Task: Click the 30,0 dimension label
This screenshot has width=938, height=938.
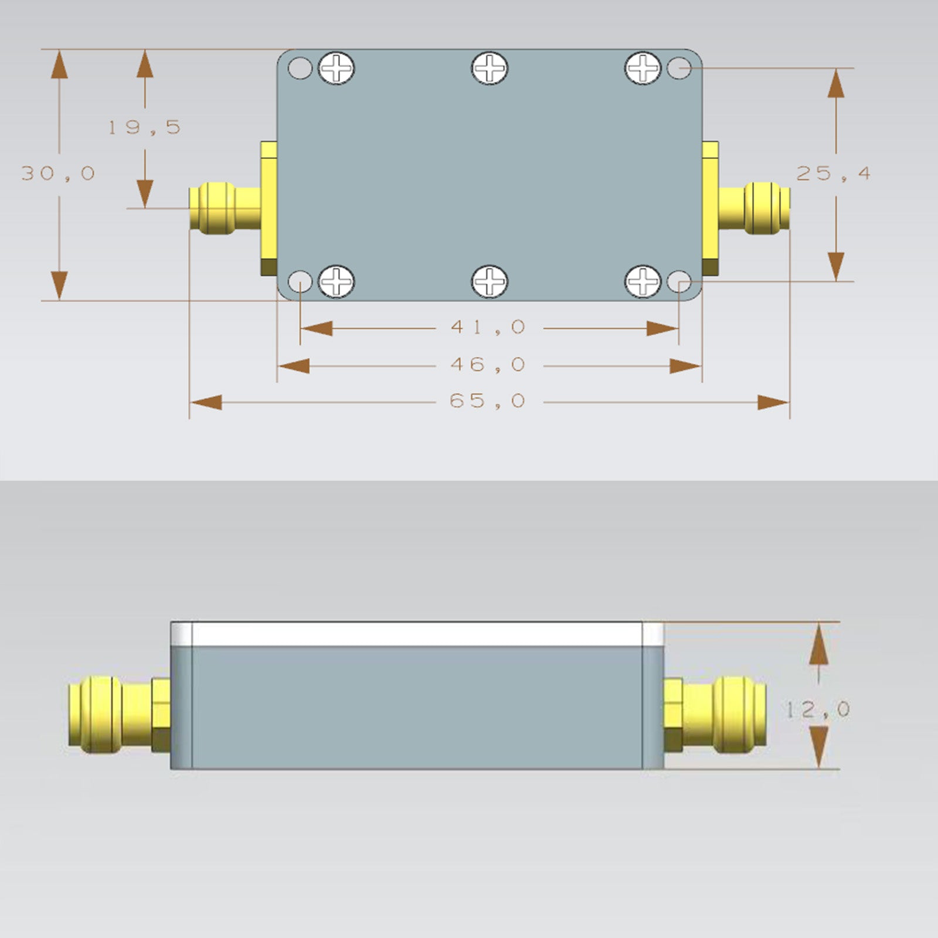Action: pyautogui.click(x=58, y=174)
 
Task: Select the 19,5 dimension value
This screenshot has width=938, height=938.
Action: pyautogui.click(x=144, y=127)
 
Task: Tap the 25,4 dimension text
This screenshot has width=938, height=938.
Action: pyautogui.click(x=833, y=174)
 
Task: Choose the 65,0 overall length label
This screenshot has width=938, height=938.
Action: pyautogui.click(x=487, y=401)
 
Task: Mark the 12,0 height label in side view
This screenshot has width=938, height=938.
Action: pyautogui.click(x=817, y=710)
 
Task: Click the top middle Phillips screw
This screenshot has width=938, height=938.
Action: pyautogui.click(x=490, y=68)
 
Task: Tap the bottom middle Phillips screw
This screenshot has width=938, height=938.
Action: pyautogui.click(x=490, y=281)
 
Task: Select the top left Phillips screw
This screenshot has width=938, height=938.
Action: pyautogui.click(x=337, y=68)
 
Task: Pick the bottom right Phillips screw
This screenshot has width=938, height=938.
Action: pyautogui.click(x=643, y=281)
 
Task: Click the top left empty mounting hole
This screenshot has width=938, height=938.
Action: pyautogui.click(x=300, y=68)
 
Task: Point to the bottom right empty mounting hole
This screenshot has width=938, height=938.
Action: pyautogui.click(x=679, y=282)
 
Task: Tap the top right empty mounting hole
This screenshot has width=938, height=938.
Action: pyautogui.click(x=679, y=68)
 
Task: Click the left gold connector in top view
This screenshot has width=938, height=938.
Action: pyautogui.click(x=225, y=208)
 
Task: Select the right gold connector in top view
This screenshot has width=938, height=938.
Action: pyautogui.click(x=754, y=208)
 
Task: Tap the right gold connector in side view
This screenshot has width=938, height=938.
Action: pyautogui.click(x=715, y=713)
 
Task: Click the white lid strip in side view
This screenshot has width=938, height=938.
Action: pyautogui.click(x=417, y=634)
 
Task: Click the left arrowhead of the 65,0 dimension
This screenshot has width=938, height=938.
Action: pyautogui.click(x=205, y=403)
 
